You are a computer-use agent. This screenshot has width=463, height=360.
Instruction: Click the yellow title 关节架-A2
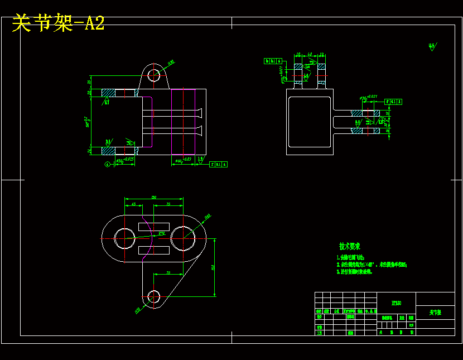tap(58, 23)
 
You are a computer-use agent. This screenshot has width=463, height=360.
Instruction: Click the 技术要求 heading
tap(350, 246)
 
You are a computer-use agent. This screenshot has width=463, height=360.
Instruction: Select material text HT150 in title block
tap(396, 303)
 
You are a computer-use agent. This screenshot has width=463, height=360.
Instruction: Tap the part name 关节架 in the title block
tap(435, 313)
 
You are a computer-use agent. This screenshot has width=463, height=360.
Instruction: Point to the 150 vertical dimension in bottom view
tap(213, 267)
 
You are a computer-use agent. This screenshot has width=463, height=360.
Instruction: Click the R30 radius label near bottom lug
tap(137, 310)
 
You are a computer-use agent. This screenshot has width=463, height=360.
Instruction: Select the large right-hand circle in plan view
tap(183, 238)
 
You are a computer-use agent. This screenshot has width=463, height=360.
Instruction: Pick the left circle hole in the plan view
tap(124, 238)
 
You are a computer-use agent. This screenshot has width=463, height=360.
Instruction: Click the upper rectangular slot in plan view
tap(154, 225)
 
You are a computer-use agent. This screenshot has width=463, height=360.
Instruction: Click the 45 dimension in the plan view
tap(133, 205)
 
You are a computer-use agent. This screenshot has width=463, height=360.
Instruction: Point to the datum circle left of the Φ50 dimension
tap(107, 164)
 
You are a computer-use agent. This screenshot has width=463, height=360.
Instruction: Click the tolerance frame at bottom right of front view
tap(218, 165)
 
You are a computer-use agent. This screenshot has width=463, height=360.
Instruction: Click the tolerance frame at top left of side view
tap(273, 61)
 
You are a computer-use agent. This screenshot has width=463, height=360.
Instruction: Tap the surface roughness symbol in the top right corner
tap(432, 46)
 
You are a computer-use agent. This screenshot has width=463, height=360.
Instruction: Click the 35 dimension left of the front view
tap(89, 82)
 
